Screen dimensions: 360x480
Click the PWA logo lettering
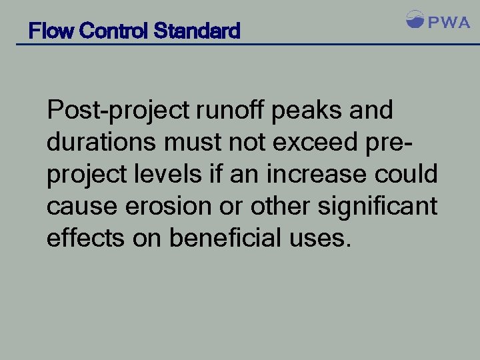point(449,23)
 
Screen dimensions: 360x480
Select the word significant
point(377,207)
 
